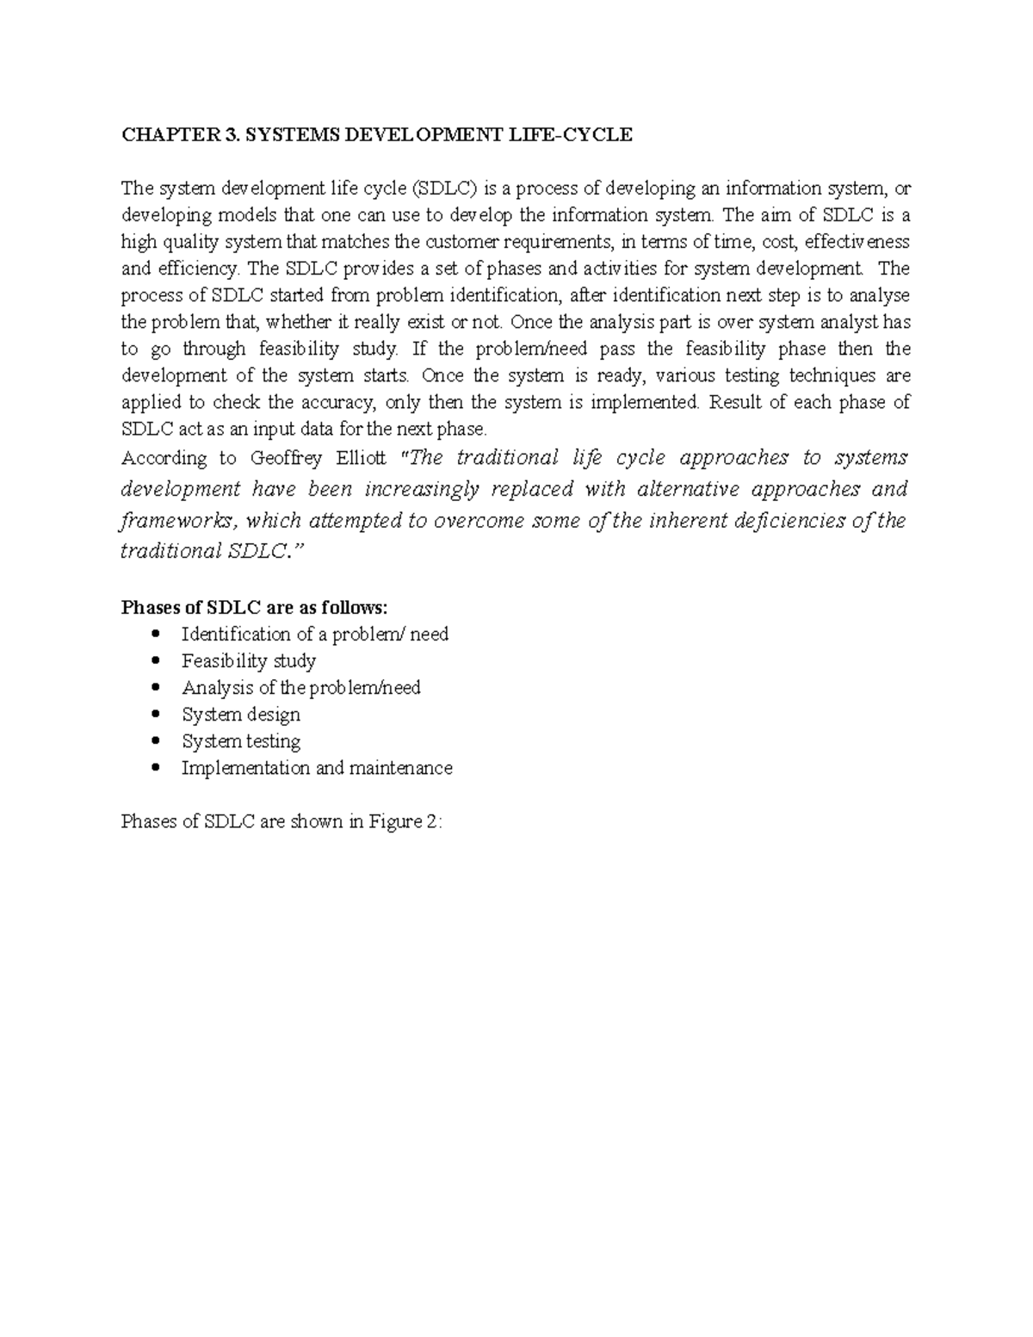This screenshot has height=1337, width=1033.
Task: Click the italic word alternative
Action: (x=690, y=489)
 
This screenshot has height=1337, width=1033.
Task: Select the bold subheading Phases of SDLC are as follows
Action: (x=255, y=608)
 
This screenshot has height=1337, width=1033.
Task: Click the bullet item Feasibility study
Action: (x=249, y=661)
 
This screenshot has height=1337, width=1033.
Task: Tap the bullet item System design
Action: (x=241, y=715)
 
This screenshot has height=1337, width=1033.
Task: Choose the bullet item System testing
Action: (x=241, y=741)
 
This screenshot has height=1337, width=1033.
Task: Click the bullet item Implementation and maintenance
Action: (x=317, y=768)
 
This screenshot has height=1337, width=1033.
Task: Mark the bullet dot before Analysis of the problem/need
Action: (x=155, y=688)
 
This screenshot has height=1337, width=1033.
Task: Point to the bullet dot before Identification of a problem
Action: (x=155, y=634)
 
